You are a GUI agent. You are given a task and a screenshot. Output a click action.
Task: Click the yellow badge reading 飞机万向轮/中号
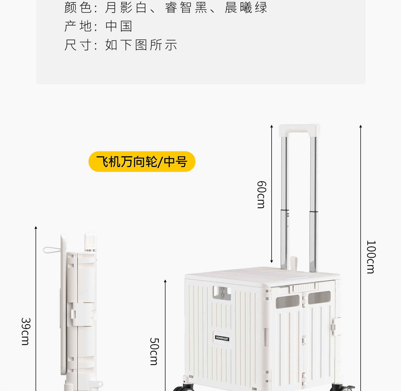click(142, 162)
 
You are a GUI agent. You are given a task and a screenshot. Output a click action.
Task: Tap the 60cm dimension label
click(261, 195)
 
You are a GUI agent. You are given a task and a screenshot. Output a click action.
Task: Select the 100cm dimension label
click(371, 257)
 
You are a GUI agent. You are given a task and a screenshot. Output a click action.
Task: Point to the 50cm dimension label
click(154, 351)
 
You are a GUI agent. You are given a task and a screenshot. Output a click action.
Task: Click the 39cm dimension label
click(26, 331)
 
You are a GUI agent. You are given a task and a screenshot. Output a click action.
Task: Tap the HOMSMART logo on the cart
click(222, 338)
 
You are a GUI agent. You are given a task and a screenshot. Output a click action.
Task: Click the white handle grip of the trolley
click(299, 130)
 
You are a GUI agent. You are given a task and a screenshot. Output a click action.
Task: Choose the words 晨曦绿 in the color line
click(246, 7)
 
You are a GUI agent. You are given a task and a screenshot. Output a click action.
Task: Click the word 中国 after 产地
click(119, 26)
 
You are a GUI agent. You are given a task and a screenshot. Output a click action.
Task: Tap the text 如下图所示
click(141, 45)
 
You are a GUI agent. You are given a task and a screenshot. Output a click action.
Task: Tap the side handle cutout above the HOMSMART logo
click(222, 293)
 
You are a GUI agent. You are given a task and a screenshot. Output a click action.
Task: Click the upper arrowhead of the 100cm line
click(360, 126)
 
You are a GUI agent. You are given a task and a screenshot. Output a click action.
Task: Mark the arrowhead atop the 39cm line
click(36, 228)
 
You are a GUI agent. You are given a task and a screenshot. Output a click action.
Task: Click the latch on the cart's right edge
click(336, 326)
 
